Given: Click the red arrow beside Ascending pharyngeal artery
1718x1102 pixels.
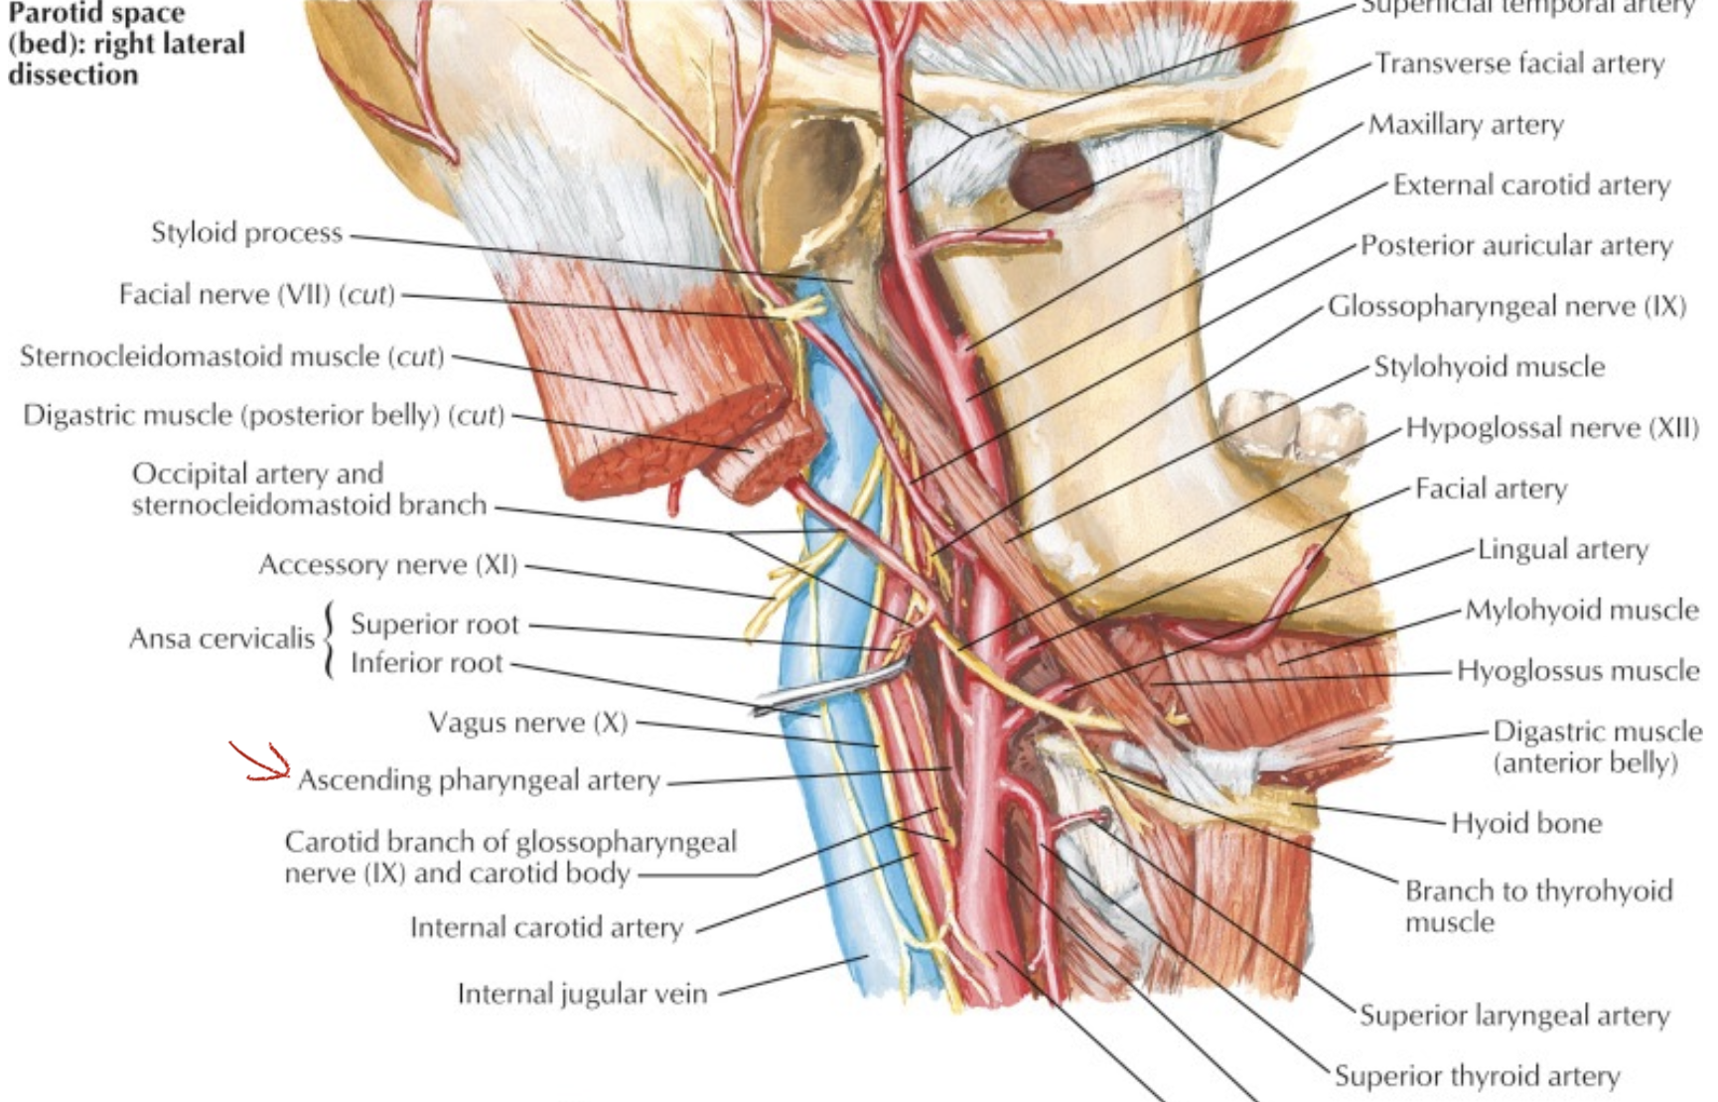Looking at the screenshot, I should click(x=261, y=762).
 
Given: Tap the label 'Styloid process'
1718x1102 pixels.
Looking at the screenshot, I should click(x=246, y=233).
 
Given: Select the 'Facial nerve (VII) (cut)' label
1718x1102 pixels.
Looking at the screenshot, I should click(x=256, y=295).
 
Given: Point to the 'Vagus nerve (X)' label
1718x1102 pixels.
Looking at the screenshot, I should click(x=527, y=723).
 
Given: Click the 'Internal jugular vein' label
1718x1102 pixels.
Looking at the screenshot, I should click(x=582, y=994).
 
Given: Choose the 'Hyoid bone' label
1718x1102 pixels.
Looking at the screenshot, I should click(x=1526, y=823).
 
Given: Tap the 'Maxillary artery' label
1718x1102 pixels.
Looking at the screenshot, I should click(x=1466, y=125).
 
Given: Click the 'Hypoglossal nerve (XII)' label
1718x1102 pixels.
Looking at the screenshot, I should click(x=1552, y=429).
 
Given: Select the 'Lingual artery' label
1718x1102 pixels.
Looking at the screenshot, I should click(x=1563, y=550).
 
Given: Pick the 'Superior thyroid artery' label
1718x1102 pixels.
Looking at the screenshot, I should click(x=1477, y=1076).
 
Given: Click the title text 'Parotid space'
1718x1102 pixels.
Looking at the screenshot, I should click(x=96, y=14).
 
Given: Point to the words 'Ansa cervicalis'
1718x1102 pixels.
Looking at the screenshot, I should click(x=221, y=638).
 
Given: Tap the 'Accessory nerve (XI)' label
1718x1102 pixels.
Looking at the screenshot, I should click(x=388, y=565).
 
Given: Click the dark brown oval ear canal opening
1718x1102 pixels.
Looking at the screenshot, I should click(x=1050, y=177).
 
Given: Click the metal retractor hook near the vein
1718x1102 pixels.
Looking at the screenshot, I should click(x=824, y=690).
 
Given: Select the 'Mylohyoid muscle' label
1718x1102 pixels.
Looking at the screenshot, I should click(x=1582, y=611).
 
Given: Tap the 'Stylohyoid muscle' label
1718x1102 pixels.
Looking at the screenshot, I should click(x=1489, y=367).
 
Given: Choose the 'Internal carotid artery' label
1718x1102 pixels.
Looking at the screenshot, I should click(x=546, y=928).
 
